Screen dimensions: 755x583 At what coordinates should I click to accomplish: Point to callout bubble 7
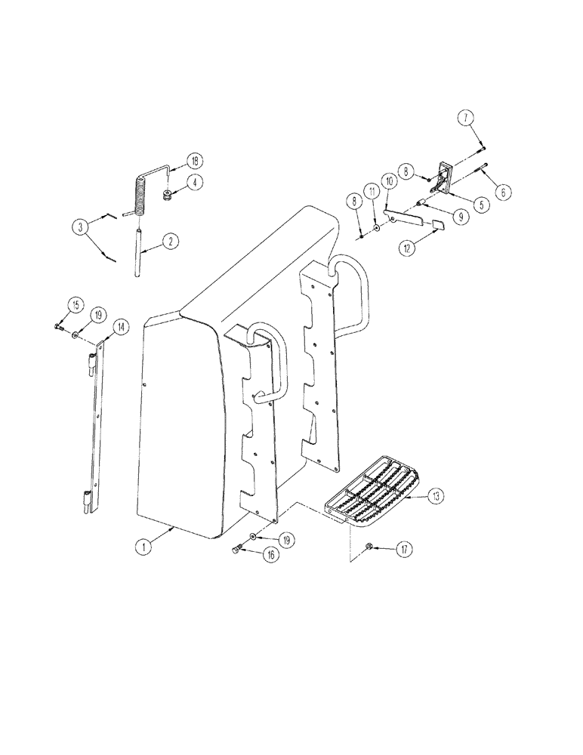click(466, 118)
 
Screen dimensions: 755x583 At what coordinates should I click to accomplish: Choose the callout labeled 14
click(119, 327)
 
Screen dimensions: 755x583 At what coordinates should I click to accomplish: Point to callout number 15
click(76, 304)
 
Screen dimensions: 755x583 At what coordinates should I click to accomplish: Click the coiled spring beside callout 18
click(140, 194)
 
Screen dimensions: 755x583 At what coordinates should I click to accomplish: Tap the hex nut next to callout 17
click(369, 547)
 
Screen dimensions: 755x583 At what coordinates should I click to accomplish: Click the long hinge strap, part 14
click(94, 423)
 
